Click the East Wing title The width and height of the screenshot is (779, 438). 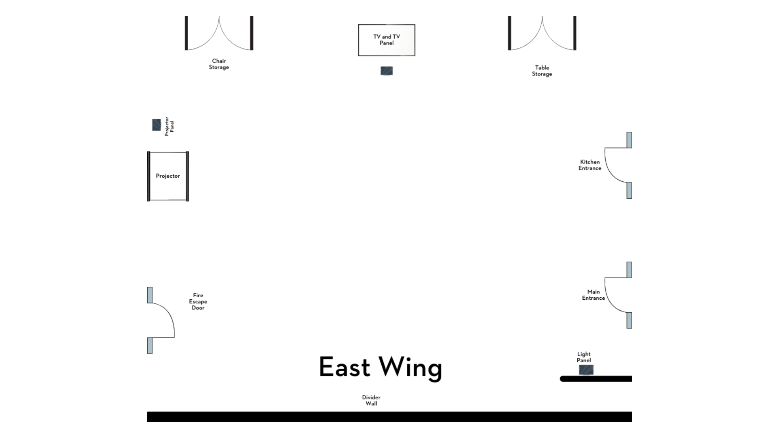380,367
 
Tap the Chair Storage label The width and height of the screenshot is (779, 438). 219,64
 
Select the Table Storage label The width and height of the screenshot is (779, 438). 542,71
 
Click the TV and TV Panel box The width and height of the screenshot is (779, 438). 386,40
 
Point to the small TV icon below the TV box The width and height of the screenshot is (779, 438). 386,71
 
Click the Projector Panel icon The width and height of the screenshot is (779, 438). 156,125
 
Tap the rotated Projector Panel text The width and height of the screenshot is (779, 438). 169,126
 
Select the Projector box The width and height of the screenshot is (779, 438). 168,176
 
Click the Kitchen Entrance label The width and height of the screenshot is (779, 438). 590,165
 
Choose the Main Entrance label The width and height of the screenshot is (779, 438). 593,295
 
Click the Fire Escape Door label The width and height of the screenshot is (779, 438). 198,301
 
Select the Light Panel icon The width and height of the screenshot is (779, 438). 586,370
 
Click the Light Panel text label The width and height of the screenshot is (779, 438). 584,357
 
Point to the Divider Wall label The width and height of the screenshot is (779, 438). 371,400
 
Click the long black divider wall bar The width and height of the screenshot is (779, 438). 389,417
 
